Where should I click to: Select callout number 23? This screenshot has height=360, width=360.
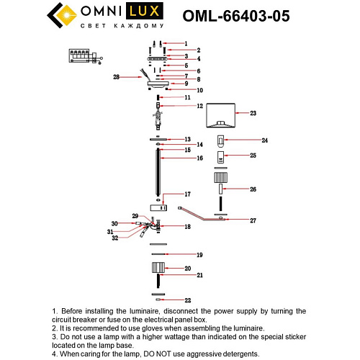[253, 113]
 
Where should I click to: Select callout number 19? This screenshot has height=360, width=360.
[200, 255]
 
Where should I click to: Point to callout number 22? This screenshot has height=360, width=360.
[187, 300]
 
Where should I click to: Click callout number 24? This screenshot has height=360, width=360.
[264, 140]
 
